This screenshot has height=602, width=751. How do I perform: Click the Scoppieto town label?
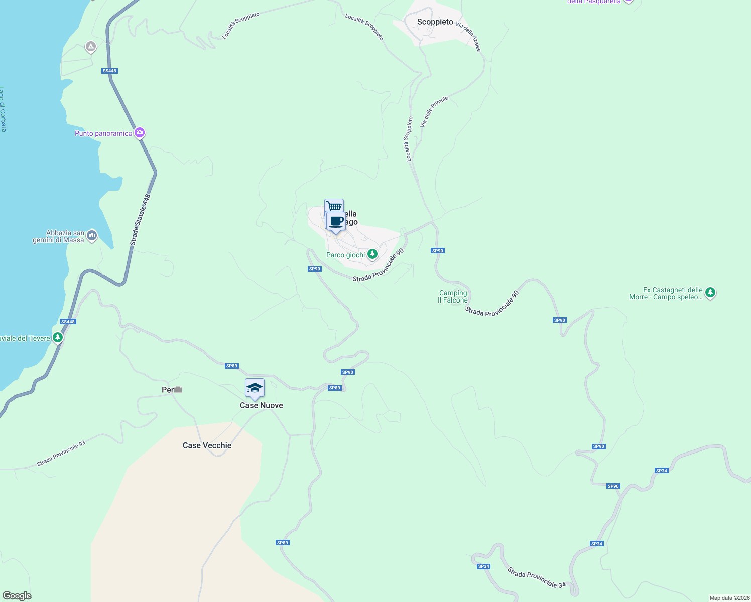click(x=435, y=22)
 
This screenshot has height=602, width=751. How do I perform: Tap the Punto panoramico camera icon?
click(x=140, y=133)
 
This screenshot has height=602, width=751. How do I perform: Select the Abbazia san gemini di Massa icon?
click(x=91, y=235)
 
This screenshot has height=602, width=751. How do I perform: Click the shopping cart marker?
click(x=334, y=206)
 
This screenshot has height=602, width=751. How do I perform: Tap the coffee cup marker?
click(x=336, y=221)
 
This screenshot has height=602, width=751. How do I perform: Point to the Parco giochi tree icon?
click(x=372, y=254)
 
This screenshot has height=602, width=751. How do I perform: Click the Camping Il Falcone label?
click(x=453, y=296)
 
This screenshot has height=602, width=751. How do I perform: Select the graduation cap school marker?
click(x=255, y=388)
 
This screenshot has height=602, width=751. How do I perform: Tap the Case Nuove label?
click(x=261, y=405)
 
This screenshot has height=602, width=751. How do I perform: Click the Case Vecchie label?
click(x=207, y=445)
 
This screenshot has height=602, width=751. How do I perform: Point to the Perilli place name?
click(x=172, y=390)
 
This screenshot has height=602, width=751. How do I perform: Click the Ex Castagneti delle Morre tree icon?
click(x=710, y=293)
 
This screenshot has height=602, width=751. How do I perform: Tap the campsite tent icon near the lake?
click(x=91, y=47)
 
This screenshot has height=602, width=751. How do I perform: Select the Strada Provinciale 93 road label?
click(x=61, y=454)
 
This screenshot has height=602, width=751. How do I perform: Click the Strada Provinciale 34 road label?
click(x=536, y=577)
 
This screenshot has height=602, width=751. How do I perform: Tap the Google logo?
click(x=17, y=596)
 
